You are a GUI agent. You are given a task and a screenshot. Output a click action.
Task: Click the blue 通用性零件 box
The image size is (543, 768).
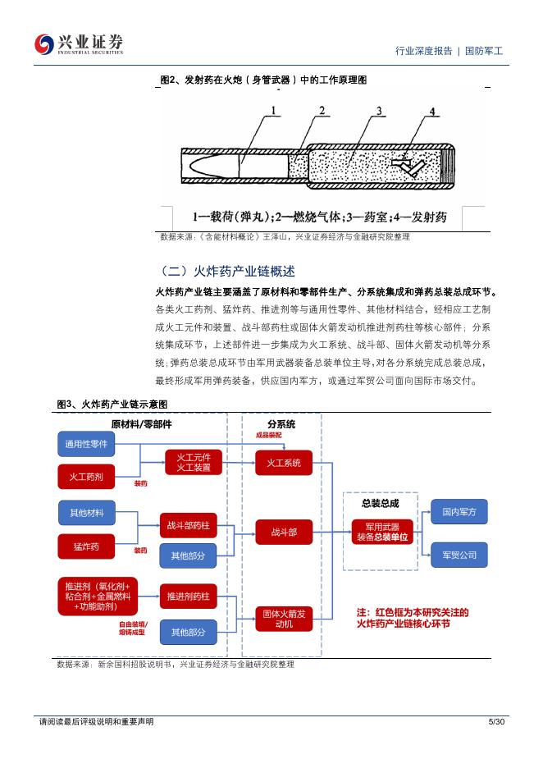pyautogui.click(x=86, y=444)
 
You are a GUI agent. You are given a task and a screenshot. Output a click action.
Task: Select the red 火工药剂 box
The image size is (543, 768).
pyautogui.click(x=86, y=477)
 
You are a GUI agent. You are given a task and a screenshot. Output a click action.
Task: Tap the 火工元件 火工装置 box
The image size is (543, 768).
pyautogui.click(x=194, y=463)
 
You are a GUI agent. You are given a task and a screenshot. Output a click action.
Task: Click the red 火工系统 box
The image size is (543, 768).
pyautogui.click(x=284, y=463)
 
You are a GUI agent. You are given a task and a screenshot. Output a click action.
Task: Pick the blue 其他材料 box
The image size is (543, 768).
pyautogui.click(x=87, y=513)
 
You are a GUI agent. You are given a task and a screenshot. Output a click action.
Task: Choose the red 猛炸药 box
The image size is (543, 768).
pyautogui.click(x=86, y=546)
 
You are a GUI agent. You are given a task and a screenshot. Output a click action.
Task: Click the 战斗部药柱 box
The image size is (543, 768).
pyautogui.click(x=188, y=526)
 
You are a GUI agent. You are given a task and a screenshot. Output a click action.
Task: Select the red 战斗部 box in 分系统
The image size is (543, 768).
pyautogui.click(x=284, y=532)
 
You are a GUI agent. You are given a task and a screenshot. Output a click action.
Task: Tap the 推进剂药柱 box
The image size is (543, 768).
pyautogui.click(x=188, y=596)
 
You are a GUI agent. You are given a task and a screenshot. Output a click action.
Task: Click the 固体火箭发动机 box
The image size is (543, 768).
pyautogui.click(x=284, y=619)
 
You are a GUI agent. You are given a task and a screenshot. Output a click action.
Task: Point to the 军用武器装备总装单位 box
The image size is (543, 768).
pyautogui.click(x=382, y=532)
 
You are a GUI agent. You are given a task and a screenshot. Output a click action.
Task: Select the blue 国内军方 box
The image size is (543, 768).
pyautogui.click(x=459, y=512)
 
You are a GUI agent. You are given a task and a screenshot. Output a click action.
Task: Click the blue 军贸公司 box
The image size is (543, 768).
pyautogui.click(x=459, y=555)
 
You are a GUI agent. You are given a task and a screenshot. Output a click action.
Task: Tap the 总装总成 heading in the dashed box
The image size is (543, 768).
pyautogui.click(x=381, y=503)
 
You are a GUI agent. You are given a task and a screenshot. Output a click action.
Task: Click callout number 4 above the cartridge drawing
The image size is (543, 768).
pyautogui.click(x=432, y=112)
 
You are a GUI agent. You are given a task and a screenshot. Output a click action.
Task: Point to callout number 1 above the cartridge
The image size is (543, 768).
pyautogui.click(x=273, y=111)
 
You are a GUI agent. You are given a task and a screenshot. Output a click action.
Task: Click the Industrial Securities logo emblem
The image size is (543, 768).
pyautogui.click(x=43, y=44)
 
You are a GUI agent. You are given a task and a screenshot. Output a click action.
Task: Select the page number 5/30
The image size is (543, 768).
pyautogui.click(x=496, y=721)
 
